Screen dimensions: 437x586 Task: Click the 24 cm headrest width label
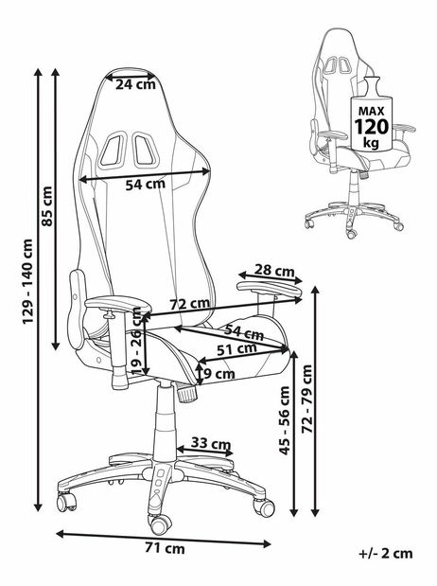pos(135,84)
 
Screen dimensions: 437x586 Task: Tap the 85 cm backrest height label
pos(47,206)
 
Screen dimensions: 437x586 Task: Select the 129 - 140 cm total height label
pos(28,281)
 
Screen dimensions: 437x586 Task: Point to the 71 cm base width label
pos(165,549)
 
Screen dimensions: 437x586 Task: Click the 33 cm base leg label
pos(211,444)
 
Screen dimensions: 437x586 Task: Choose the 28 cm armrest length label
pos(274,270)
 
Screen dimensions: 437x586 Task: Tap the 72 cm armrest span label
pos(190,304)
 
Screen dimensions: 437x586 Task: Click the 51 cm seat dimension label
pos(236,349)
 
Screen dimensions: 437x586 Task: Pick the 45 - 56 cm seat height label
pos(285,420)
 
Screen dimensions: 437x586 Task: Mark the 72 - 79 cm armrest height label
pos(307,399)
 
